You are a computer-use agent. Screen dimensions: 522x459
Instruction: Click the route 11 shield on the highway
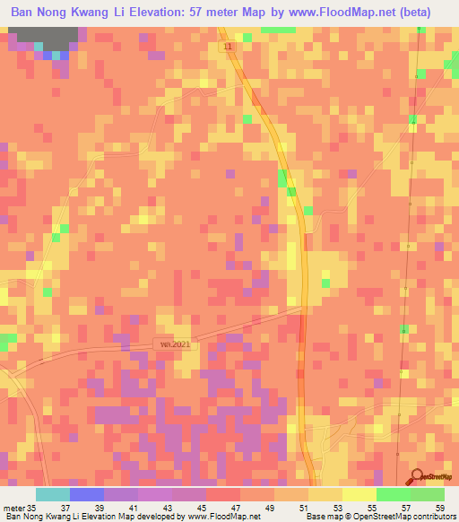pyautogui.click(x=231, y=46)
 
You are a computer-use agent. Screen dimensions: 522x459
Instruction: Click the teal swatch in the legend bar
pyautogui.click(x=52, y=494)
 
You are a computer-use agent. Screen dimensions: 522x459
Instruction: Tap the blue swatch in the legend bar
pyautogui.click(x=86, y=494)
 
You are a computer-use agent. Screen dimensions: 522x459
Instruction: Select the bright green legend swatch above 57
pyautogui.click(x=393, y=494)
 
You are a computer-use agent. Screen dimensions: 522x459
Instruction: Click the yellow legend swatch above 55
pyautogui.click(x=359, y=494)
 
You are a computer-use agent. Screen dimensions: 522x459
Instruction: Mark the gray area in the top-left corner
pyautogui.click(x=40, y=38)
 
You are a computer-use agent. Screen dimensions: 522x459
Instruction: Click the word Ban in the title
pyautogui.click(x=24, y=13)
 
